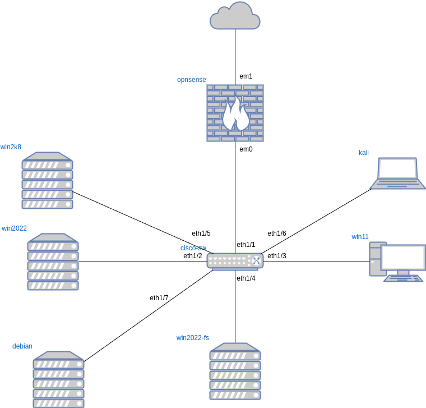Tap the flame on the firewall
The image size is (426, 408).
tap(235, 114)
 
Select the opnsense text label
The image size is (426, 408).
tap(192, 80)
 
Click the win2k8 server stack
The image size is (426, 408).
tap(47, 181)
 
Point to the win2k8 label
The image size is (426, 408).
tap(11, 147)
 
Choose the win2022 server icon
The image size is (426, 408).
tap(53, 262)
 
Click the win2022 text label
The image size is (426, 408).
tap(14, 228)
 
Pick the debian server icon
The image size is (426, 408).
tap(58, 379)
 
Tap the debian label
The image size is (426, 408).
tap(22, 346)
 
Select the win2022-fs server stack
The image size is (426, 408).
tap(235, 372)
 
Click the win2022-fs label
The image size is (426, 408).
tap(193, 337)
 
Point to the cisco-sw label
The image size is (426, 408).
tap(193, 247)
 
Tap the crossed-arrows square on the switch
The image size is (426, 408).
tap(256, 260)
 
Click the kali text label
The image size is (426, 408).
tap(364, 153)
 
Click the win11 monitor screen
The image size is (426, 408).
tap(404, 257)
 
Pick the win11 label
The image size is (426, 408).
tap(360, 237)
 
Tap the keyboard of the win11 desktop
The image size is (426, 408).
tap(404, 278)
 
